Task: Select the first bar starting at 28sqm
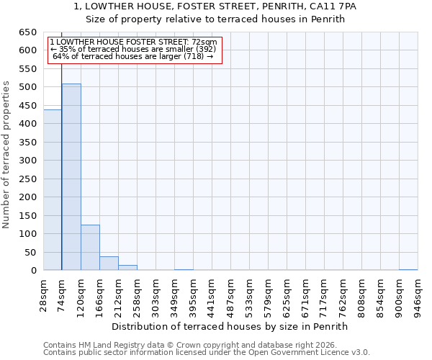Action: pos(53,190)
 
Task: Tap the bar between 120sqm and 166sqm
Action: pos(90,248)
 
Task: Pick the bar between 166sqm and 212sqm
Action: pos(109,264)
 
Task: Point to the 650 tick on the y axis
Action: pos(28,32)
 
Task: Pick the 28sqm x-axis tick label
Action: pos(44,294)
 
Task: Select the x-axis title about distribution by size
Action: pos(230,326)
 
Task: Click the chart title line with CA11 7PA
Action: pos(215,6)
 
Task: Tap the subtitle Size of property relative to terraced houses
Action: pos(215,19)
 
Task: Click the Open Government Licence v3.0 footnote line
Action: pos(207,353)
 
